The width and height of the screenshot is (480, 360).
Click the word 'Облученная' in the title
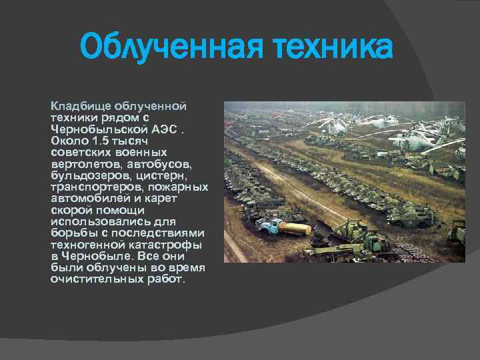[x=167, y=49]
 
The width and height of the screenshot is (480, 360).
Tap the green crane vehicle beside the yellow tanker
[x=347, y=230]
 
